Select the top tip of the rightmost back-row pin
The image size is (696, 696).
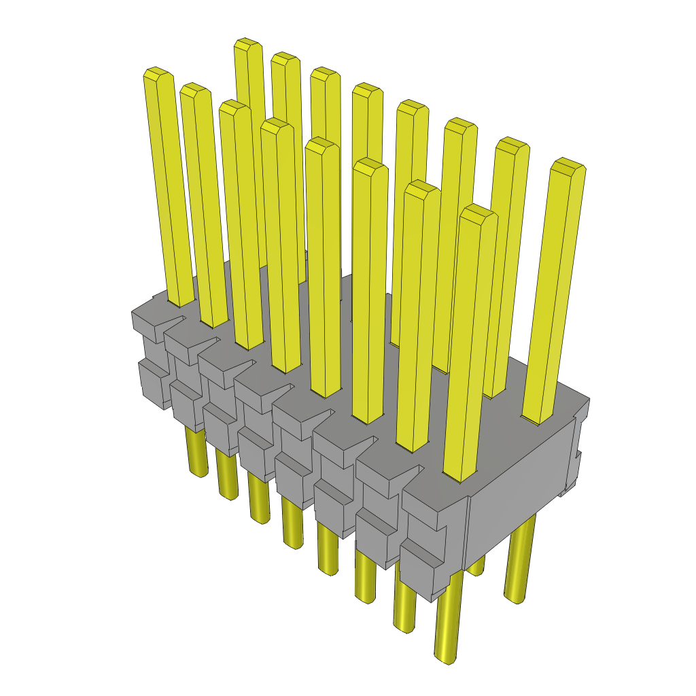(568, 164)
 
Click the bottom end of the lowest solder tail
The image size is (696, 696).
(446, 658)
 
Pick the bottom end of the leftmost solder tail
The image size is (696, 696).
(198, 472)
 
